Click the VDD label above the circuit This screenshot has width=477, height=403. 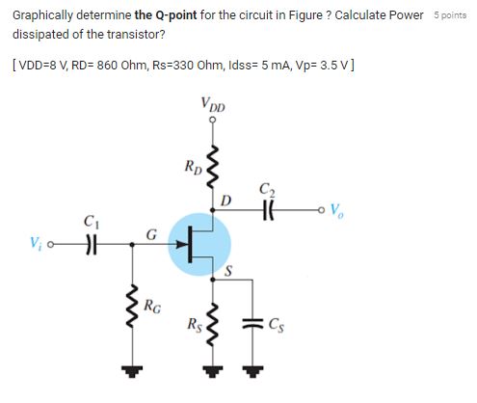213,104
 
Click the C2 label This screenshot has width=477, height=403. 266,190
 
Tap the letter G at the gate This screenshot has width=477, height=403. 151,233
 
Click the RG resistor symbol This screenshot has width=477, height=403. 126,306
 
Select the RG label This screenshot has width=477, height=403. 151,308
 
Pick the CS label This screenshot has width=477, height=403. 277,321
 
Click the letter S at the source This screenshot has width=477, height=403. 228,273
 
